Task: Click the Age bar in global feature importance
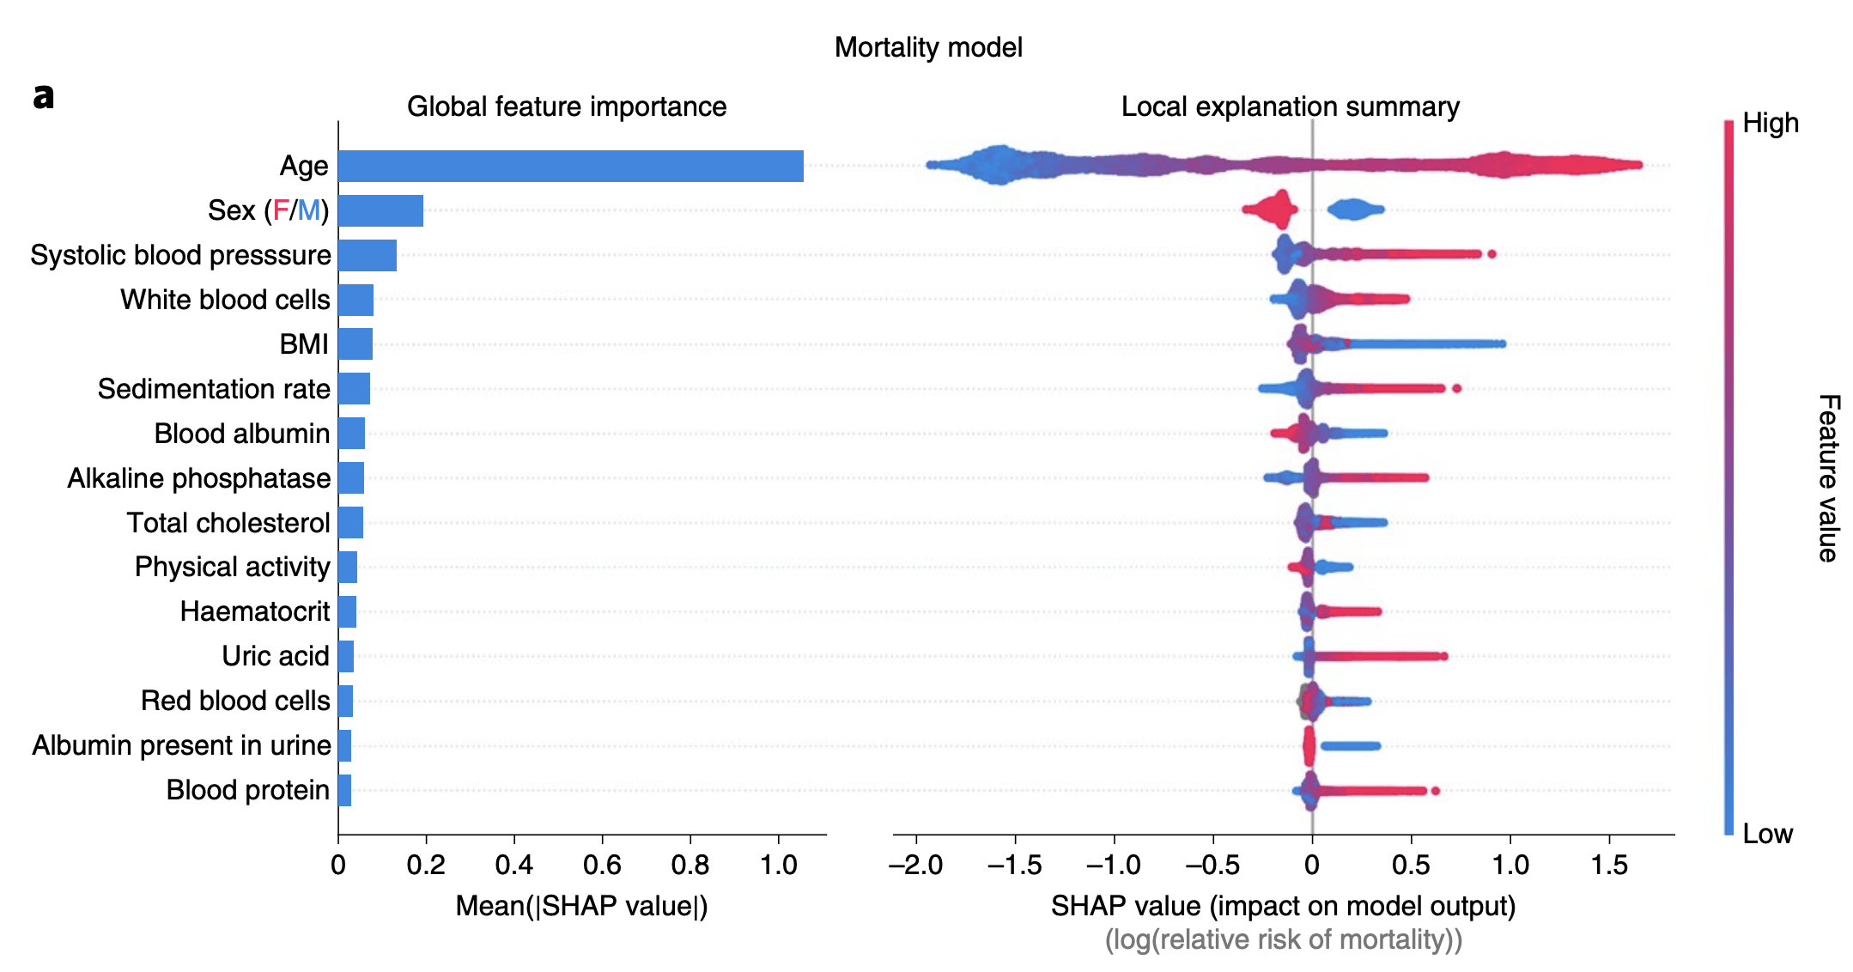tap(570, 166)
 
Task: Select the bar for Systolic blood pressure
tap(368, 255)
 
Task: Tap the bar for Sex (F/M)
tap(380, 210)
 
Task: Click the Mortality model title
tap(928, 47)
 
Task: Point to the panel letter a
tap(43, 95)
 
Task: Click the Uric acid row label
tap(276, 656)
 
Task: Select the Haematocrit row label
tap(255, 611)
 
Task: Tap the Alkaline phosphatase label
tap(199, 478)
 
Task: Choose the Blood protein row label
tap(248, 790)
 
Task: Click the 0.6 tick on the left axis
tap(602, 865)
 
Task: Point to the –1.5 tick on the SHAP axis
tap(1014, 865)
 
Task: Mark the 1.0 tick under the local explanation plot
tap(1510, 865)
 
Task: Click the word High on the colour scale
tap(1771, 124)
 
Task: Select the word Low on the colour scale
tap(1767, 834)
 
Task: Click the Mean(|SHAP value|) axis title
tap(581, 906)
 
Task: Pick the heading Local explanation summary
tap(1290, 106)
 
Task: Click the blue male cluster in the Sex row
tap(1355, 210)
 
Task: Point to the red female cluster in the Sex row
tap(1272, 210)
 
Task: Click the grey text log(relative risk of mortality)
tap(1284, 940)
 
